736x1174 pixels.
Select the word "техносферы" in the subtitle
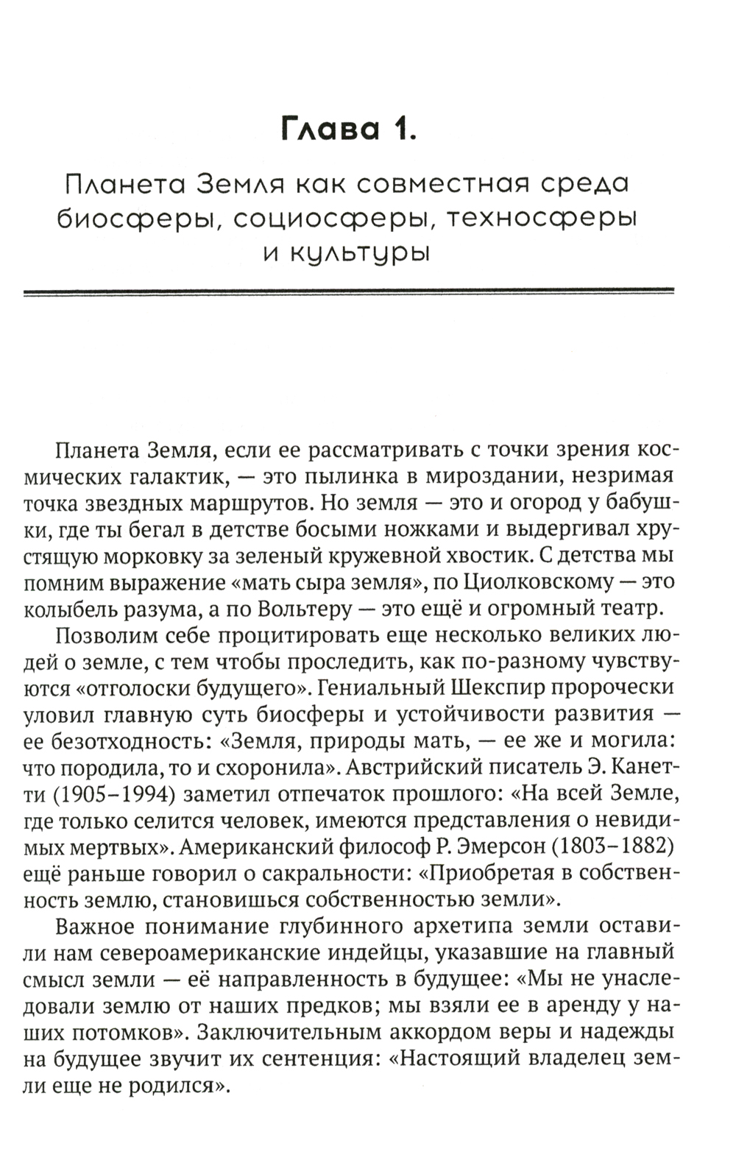pos(540,219)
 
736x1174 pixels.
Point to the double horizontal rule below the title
pos(348,292)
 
